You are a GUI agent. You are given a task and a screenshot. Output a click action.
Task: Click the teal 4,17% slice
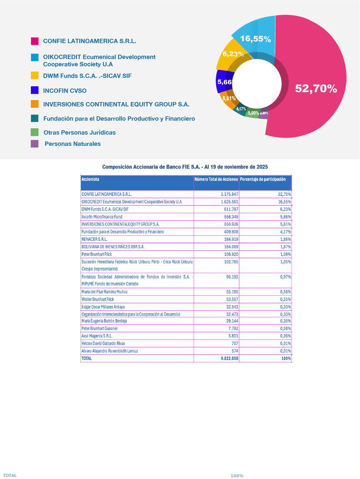(240, 109)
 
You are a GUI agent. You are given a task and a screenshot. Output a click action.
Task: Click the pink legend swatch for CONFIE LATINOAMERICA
(35, 41)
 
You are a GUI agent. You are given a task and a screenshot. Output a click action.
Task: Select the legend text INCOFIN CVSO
(65, 91)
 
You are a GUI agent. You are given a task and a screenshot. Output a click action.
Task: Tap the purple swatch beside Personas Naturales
(35, 144)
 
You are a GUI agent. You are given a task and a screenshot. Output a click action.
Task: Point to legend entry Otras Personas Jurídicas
(80, 133)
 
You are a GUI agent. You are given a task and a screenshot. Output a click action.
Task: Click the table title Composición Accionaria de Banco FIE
(185, 167)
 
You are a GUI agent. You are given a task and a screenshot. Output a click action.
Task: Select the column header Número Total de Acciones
(216, 179)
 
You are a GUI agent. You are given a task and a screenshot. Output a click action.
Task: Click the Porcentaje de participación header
(263, 179)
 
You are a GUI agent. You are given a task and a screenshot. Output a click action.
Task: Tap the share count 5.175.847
(230, 195)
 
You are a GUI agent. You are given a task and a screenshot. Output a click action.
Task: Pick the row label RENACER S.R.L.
(94, 239)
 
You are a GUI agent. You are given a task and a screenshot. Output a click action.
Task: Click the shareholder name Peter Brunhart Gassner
(100, 329)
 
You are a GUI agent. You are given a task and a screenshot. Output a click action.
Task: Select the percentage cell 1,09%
(286, 255)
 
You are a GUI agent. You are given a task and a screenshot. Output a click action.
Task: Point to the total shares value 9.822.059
(230, 358)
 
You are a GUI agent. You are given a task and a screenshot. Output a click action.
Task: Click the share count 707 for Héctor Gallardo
(235, 343)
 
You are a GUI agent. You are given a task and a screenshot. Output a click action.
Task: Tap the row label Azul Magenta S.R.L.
(97, 336)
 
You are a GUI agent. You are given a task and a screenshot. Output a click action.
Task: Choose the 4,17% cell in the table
(286, 232)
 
